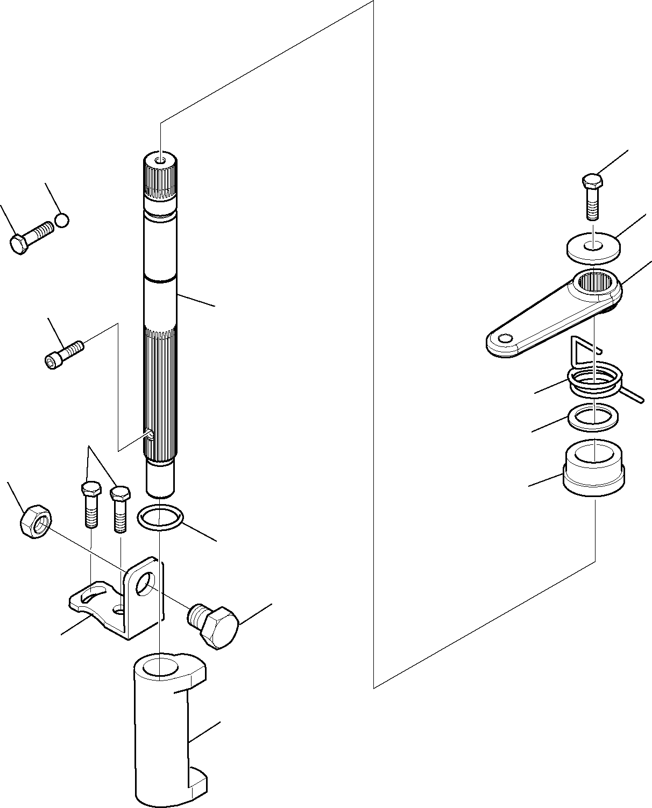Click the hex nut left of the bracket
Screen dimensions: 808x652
coord(35,520)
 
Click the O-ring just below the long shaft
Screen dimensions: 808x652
coord(160,518)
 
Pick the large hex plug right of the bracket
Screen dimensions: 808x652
coord(214,625)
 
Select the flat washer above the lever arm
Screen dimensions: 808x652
coord(593,247)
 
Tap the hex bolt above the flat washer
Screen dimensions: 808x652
coord(592,196)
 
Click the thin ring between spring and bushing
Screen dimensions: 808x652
coord(593,417)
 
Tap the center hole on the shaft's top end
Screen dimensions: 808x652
coord(160,161)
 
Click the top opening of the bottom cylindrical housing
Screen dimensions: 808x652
coord(161,665)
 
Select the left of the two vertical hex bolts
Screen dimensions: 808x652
coord(91,504)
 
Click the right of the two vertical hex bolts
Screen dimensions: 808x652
coord(119,508)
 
